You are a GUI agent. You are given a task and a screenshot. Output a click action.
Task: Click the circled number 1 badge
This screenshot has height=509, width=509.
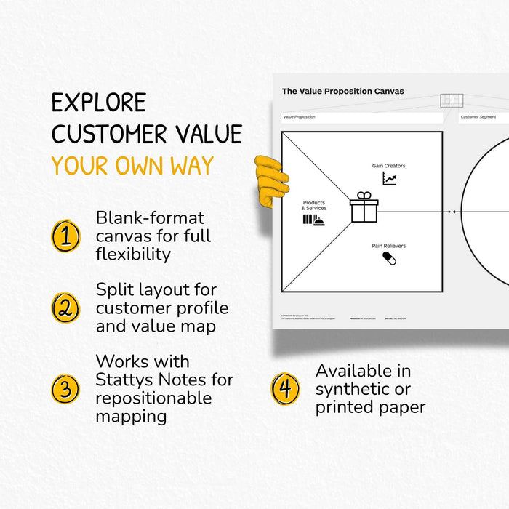(65, 236)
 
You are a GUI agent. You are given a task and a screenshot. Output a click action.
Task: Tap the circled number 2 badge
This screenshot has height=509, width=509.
(65, 308)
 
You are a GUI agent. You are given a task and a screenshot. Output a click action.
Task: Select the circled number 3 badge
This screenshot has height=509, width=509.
(65, 388)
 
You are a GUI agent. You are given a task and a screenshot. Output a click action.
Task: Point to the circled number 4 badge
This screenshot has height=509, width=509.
(285, 388)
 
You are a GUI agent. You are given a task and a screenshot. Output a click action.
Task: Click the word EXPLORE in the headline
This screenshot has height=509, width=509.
(99, 103)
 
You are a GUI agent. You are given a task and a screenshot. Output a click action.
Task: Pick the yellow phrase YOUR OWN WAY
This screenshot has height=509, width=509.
(132, 167)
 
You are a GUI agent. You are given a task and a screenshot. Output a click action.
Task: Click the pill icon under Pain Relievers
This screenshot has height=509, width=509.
(389, 258)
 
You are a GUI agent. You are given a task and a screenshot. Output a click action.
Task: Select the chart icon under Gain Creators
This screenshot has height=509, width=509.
(390, 178)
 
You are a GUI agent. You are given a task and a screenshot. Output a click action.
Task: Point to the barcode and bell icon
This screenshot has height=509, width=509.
(313, 220)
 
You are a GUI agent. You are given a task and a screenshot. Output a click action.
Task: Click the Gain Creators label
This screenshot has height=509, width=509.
(389, 166)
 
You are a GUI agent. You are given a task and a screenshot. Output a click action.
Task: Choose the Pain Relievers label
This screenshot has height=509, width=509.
(389, 246)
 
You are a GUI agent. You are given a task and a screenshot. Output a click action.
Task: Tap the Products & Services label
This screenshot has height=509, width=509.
(314, 206)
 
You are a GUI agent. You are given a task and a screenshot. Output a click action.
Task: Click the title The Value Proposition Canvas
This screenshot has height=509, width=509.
(342, 92)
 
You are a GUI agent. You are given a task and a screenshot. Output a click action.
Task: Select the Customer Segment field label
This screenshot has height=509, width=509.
(478, 116)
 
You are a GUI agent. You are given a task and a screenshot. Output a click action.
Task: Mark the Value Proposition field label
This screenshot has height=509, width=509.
(299, 116)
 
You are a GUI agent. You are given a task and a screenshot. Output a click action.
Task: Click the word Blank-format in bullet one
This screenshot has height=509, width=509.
(151, 217)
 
